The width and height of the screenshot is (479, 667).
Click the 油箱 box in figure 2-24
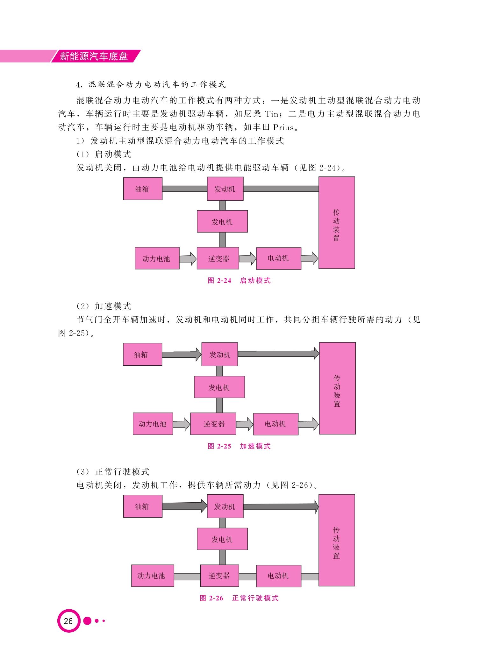[x=143, y=189]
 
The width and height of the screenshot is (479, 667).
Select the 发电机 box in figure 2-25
[x=219, y=387]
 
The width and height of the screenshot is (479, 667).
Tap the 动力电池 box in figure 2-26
[x=153, y=576]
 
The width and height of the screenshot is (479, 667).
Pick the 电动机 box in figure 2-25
[x=276, y=424]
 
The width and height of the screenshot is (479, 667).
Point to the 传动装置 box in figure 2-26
[x=337, y=540]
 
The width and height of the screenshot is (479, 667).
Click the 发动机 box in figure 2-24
[x=225, y=189]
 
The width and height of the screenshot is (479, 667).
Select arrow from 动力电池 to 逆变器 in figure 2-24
[x=188, y=258]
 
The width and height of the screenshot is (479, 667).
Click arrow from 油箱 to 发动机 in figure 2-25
[x=182, y=354]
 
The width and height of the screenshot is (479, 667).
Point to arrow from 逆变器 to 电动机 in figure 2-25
[x=245, y=424]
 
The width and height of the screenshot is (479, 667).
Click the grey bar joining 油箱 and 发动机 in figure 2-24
[x=185, y=189]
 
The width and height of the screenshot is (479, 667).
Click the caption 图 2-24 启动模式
[x=239, y=281]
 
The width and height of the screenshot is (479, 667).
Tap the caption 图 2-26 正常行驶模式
[x=239, y=598]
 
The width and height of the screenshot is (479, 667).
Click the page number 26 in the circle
[x=68, y=621]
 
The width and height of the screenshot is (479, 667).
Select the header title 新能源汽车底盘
[x=94, y=56]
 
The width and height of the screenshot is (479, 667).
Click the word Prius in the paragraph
[x=283, y=127]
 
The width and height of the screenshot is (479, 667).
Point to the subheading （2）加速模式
[x=104, y=306]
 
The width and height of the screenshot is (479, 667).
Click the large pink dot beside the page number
[x=87, y=621]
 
